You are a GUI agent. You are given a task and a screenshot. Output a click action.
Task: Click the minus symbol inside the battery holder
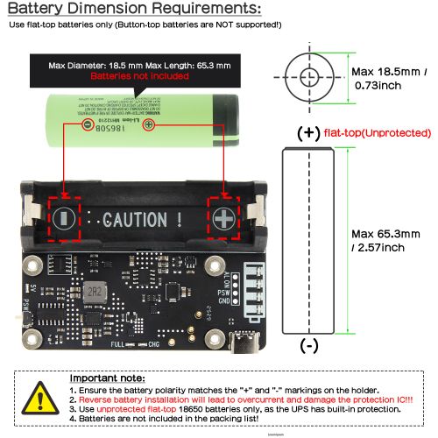(64, 218)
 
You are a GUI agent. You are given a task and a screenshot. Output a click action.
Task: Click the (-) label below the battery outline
(308, 346)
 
